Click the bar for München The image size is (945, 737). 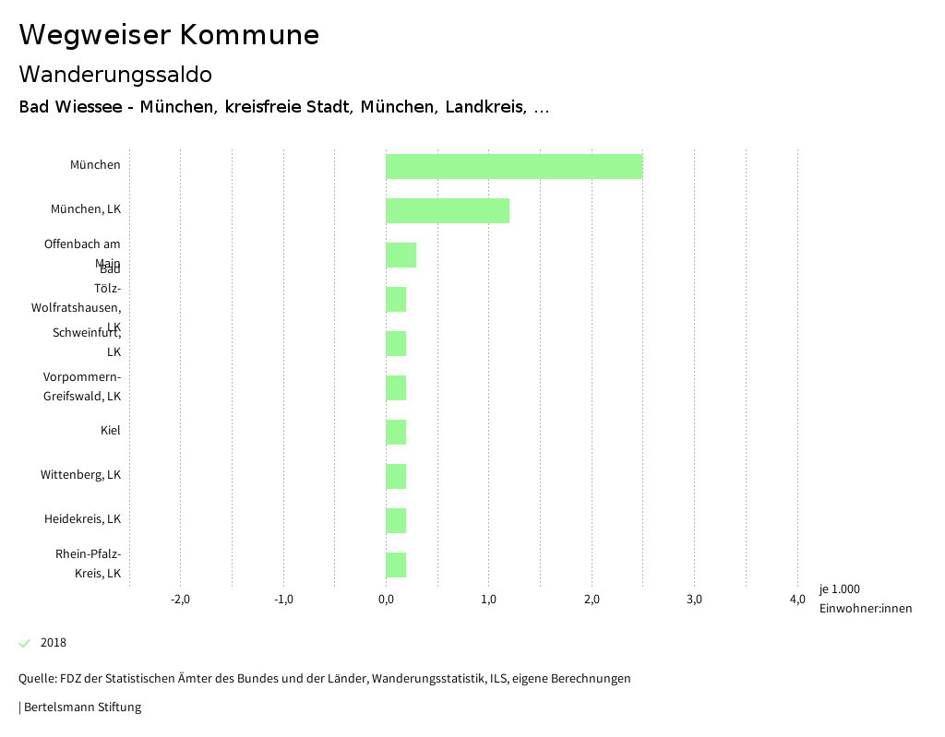click(x=513, y=166)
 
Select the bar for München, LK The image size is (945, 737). click(x=448, y=210)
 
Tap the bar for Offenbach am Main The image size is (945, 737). click(x=401, y=255)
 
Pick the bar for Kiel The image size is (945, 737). click(x=396, y=432)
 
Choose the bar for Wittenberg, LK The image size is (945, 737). click(x=396, y=476)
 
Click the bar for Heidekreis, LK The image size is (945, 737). click(x=396, y=520)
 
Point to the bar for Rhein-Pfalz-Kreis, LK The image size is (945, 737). click(x=396, y=565)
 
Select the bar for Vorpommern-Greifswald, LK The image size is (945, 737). click(x=396, y=387)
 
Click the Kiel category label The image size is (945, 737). click(x=111, y=431)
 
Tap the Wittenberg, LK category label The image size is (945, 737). click(x=80, y=475)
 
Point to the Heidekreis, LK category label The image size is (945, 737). click(x=82, y=519)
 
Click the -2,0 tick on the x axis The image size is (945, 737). click(x=181, y=600)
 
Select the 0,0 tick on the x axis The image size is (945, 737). click(x=386, y=600)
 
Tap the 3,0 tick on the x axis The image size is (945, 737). click(x=695, y=600)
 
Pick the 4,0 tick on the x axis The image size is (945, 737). click(x=797, y=600)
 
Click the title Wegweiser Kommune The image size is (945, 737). click(x=169, y=35)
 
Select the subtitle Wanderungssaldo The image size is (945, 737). click(x=115, y=74)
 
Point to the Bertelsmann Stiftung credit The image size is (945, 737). click(x=82, y=707)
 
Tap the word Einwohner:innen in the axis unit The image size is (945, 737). click(x=865, y=609)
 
